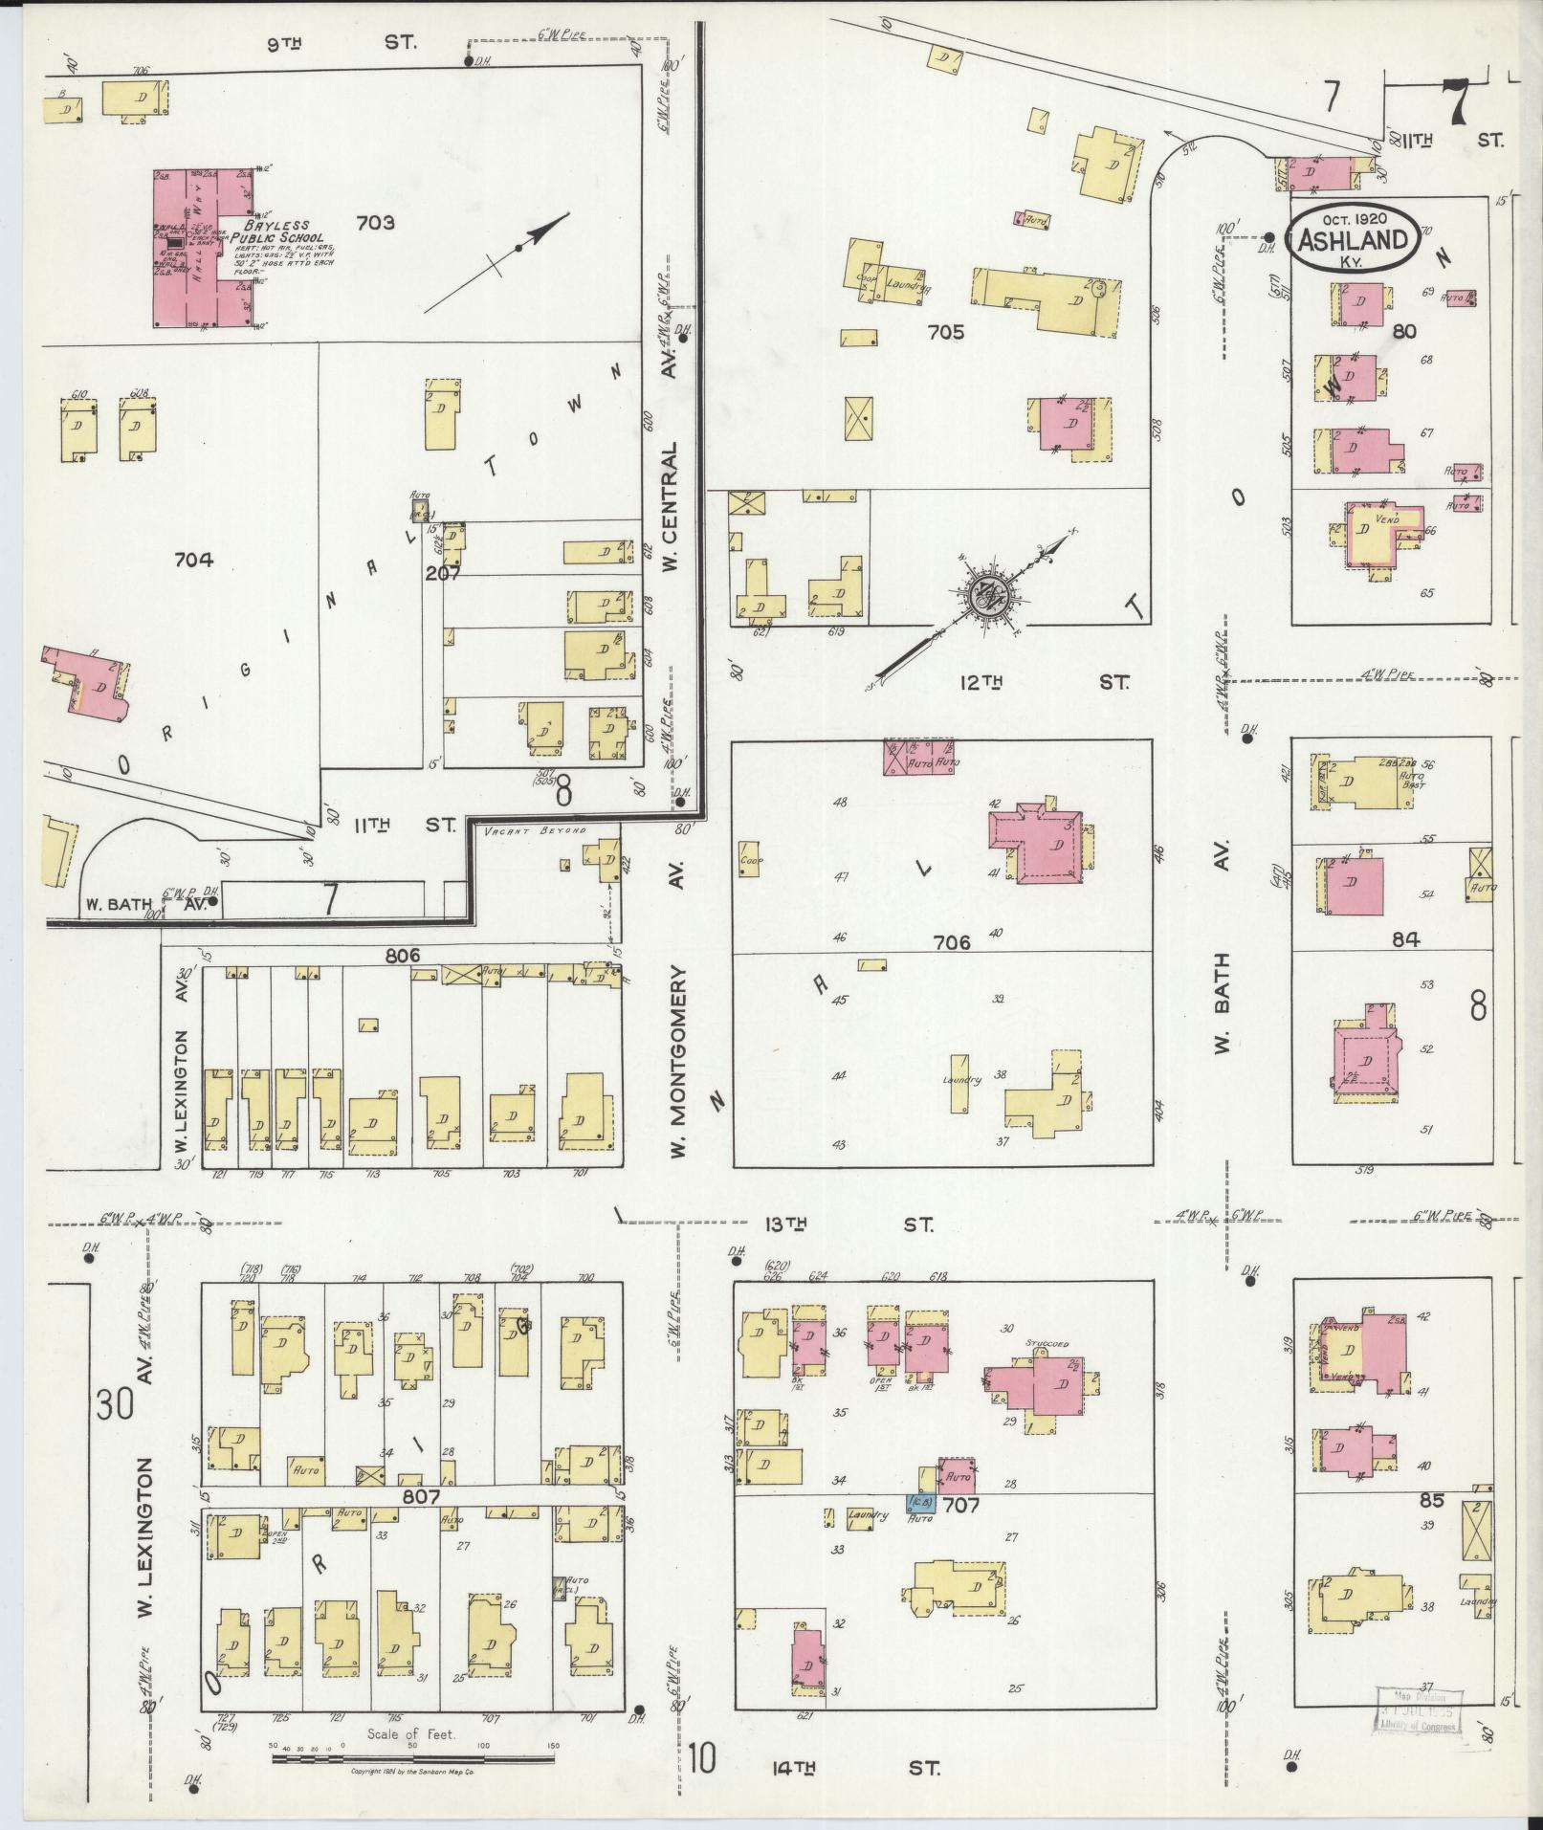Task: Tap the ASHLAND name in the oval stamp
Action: (x=1351, y=240)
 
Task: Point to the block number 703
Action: (x=375, y=223)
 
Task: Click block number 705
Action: (x=945, y=332)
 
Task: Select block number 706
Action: (x=951, y=942)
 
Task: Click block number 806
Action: (x=403, y=955)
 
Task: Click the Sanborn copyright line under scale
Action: (x=412, y=1772)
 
